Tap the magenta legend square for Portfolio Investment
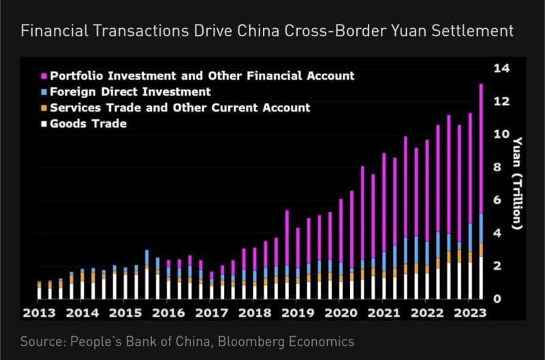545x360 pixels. [44, 76]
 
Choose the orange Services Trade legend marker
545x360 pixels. [44, 108]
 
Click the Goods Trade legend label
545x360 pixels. [89, 123]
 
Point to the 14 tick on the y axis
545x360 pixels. [502, 68]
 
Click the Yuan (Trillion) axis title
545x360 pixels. [518, 183]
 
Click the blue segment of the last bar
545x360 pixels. [481, 228]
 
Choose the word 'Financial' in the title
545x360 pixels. [52, 31]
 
